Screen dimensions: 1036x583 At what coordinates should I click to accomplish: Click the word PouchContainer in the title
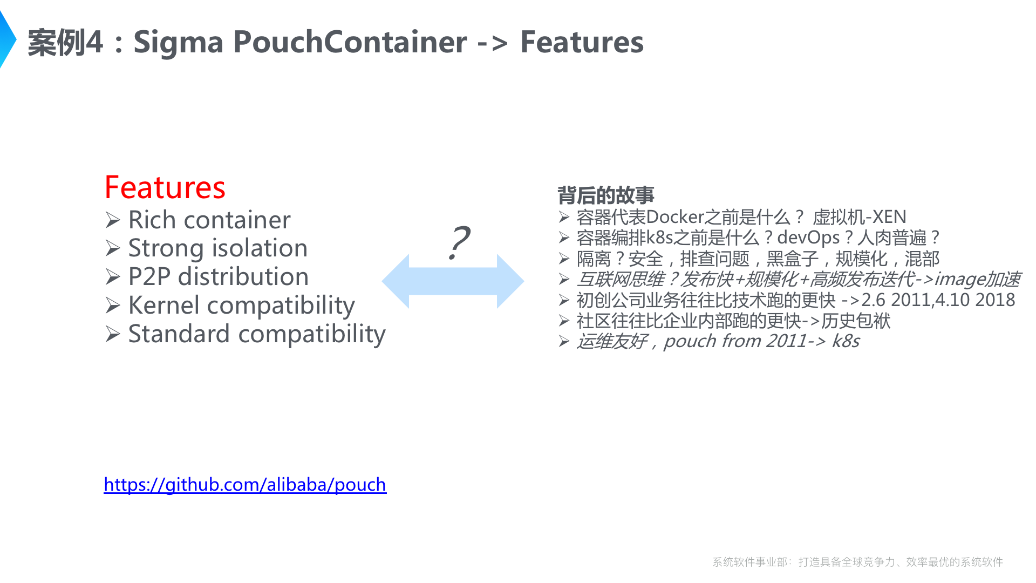pos(350,42)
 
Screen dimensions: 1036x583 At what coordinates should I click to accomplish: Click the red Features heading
pos(165,187)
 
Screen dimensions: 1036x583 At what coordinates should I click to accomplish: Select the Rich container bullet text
pos(209,220)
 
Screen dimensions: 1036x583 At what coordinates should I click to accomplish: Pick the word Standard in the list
pos(179,334)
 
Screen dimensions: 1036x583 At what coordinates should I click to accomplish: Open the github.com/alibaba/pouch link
pos(245,484)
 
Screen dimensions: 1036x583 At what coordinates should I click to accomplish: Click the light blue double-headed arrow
pos(453,281)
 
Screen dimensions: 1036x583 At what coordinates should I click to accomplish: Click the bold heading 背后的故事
pos(605,195)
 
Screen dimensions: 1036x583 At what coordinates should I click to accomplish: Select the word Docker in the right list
pos(675,217)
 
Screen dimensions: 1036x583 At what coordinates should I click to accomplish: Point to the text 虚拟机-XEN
pos(859,217)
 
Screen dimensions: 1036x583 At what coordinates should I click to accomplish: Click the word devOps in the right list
pos(808,238)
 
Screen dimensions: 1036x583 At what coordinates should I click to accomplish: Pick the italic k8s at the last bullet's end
pos(846,341)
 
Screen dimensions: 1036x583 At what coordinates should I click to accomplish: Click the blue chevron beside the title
pos(8,39)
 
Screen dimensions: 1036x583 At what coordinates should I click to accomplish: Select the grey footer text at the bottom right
pos(857,562)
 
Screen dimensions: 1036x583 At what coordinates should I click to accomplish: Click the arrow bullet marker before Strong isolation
pos(113,248)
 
